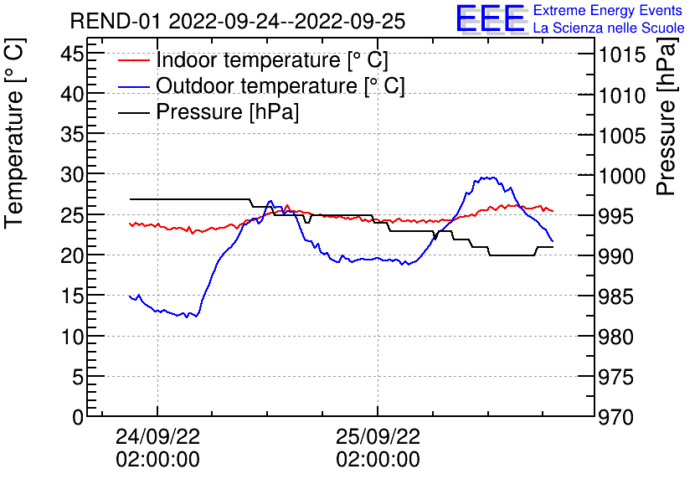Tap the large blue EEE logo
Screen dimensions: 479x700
(x=491, y=19)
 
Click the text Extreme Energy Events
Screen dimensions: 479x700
(x=609, y=11)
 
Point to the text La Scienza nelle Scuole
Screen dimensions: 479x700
(x=609, y=28)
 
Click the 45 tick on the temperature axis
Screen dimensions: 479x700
(x=74, y=54)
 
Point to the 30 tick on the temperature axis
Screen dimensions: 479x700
(x=74, y=175)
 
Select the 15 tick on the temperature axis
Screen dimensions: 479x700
(x=74, y=296)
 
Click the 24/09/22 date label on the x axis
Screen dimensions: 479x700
(x=157, y=437)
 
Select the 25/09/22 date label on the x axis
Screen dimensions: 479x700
(x=378, y=437)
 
